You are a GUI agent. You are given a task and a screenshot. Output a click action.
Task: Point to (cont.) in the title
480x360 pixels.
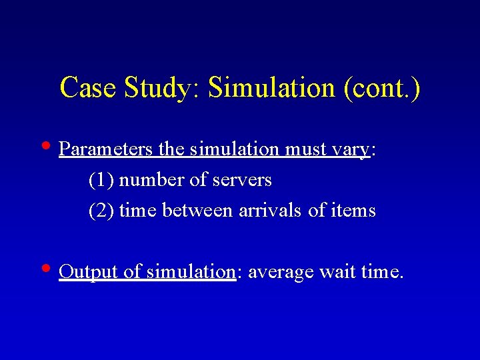[383, 88]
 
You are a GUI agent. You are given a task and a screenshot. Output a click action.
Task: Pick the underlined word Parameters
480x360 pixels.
[106, 149]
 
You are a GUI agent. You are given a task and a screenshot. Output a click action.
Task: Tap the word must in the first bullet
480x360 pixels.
[306, 149]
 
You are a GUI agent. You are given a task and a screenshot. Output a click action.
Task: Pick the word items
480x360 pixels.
[355, 211]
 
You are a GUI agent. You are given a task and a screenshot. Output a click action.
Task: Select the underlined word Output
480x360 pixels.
[88, 272]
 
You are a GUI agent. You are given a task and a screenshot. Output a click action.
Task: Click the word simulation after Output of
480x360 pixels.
[191, 272]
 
